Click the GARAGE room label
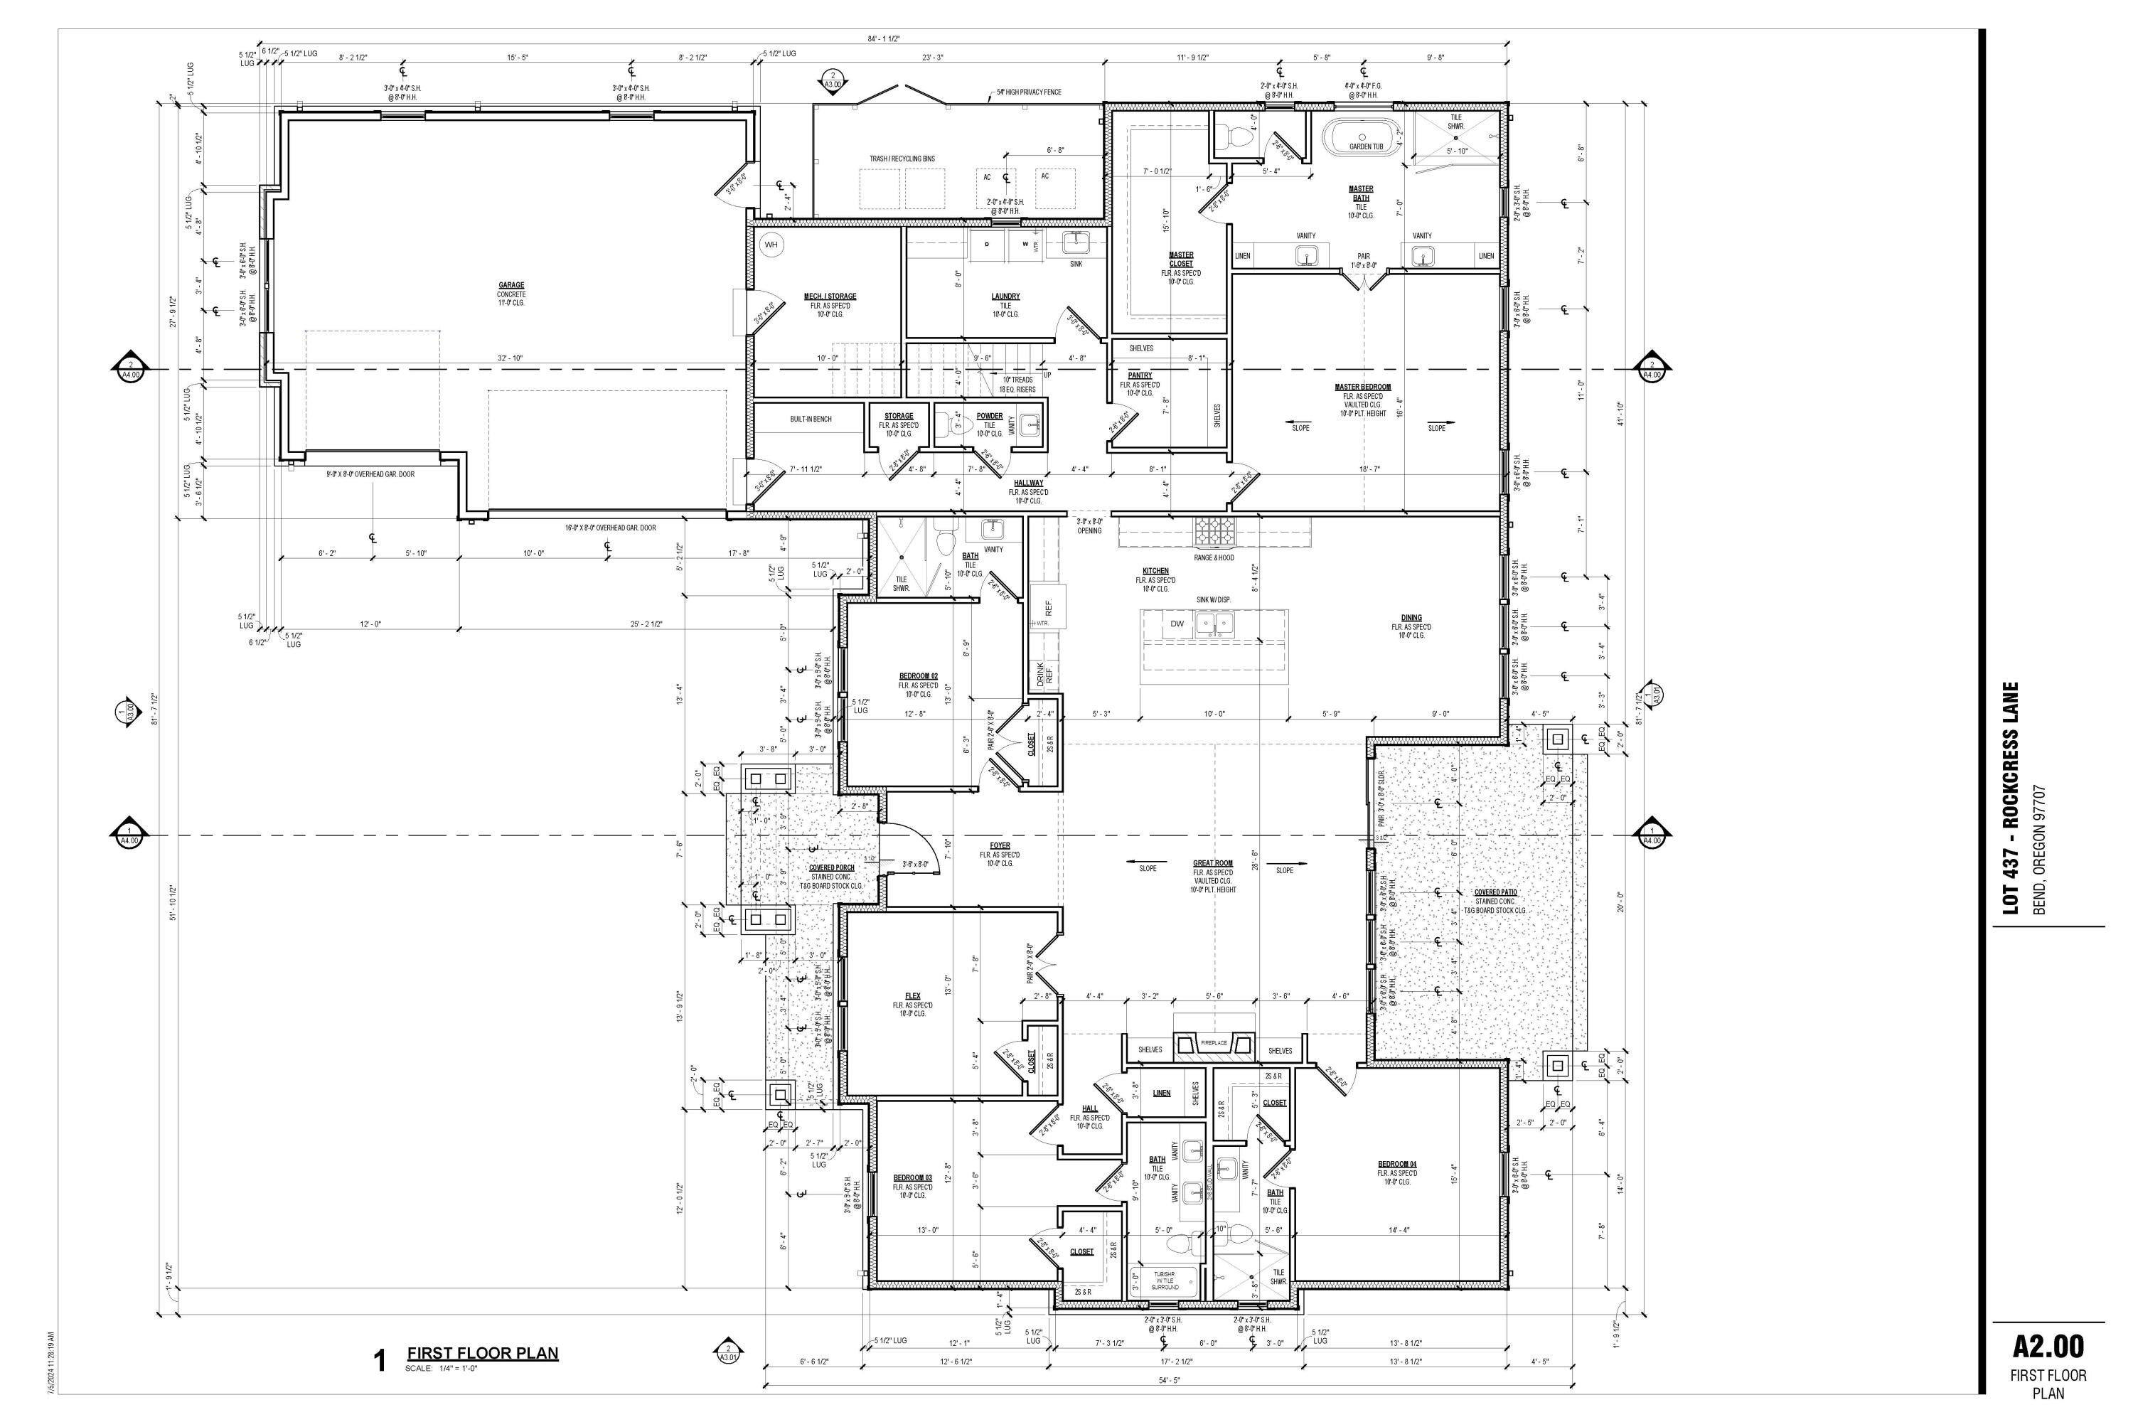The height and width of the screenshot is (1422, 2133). [x=510, y=286]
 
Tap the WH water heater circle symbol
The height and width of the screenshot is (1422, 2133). [x=771, y=245]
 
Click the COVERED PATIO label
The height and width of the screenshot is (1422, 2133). [x=1495, y=892]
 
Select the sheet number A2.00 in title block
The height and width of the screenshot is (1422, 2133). [x=2048, y=1347]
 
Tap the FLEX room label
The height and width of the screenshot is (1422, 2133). [x=912, y=996]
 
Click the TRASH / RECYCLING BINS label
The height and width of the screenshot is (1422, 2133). [x=902, y=159]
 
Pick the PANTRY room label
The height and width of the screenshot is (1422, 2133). [x=1140, y=375]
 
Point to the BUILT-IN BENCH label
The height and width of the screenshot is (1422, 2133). [x=810, y=419]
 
